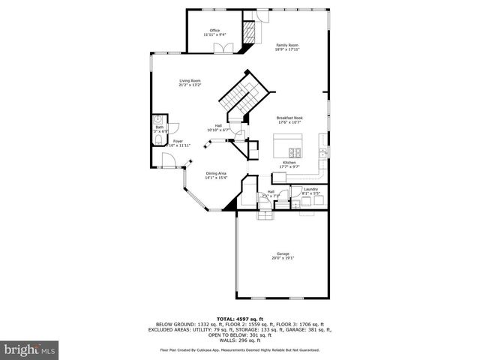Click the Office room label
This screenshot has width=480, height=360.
point(214,32)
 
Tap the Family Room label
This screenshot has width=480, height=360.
point(287,47)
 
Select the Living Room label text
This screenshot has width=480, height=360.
point(190,82)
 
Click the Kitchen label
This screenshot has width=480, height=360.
point(289,164)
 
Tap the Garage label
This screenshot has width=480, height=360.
point(282,256)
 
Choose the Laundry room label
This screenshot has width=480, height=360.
point(310,191)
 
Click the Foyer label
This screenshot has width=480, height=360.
point(178,142)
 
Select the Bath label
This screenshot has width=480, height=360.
point(160,129)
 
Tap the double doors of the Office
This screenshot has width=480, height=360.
point(221,48)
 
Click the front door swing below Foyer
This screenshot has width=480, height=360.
point(169,160)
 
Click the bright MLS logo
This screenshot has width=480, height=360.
point(29,349)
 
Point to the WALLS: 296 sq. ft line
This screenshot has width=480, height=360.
point(239,340)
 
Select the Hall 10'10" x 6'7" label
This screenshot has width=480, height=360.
point(219,127)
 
